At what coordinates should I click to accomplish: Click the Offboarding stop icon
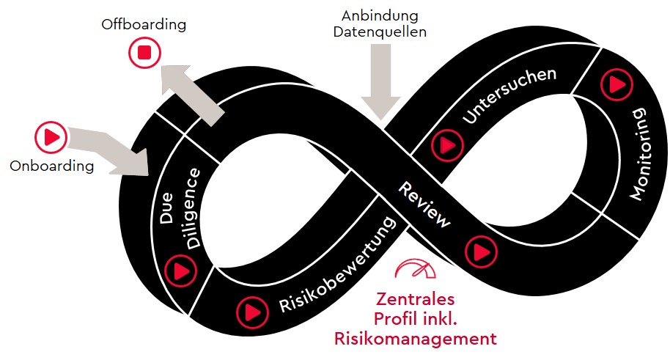click(144, 53)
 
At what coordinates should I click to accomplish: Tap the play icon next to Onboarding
click(51, 136)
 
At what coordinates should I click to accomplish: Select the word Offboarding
click(144, 25)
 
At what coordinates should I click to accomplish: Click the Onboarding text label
click(52, 166)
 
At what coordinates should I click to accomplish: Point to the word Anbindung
click(380, 15)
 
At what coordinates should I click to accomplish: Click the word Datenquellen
click(380, 32)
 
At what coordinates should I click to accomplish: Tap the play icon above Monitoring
click(614, 85)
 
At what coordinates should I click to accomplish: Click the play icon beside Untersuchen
click(445, 144)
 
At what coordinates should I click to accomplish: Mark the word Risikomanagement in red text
click(416, 339)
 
